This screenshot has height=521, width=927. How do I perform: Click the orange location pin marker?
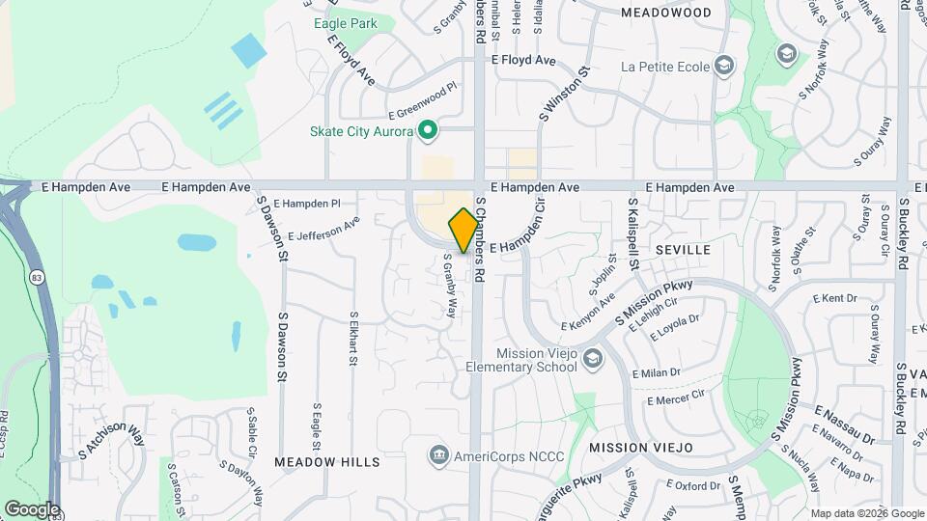click(x=463, y=230)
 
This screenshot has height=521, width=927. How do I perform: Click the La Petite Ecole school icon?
click(x=725, y=67)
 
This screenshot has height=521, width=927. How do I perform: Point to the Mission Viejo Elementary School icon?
click(x=592, y=360)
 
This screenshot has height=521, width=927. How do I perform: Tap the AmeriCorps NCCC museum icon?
click(x=439, y=453)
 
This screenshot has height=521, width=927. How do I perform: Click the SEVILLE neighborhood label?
click(x=683, y=249)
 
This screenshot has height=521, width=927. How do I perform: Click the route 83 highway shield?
click(x=37, y=278)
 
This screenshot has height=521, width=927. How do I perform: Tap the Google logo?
click(x=31, y=509)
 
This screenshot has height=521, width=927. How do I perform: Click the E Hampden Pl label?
click(x=307, y=204)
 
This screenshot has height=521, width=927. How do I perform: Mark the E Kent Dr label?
click(x=835, y=298)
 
